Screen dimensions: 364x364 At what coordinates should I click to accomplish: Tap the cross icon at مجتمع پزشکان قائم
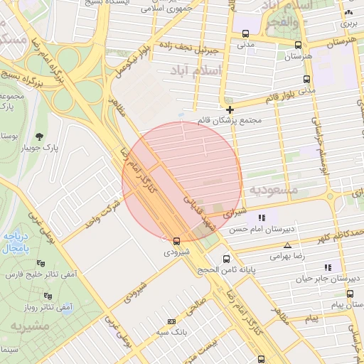point(230,109)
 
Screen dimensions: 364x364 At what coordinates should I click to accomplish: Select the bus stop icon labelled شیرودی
point(176,241)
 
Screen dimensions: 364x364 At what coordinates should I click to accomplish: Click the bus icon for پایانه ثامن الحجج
point(226,259)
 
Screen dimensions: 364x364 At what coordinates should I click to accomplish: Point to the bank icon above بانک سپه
point(168,321)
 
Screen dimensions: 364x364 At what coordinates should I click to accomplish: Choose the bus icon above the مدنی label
point(245,33)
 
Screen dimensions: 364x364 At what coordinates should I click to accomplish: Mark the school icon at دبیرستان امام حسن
point(262,218)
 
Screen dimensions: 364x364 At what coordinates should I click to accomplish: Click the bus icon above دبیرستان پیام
point(349,293)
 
